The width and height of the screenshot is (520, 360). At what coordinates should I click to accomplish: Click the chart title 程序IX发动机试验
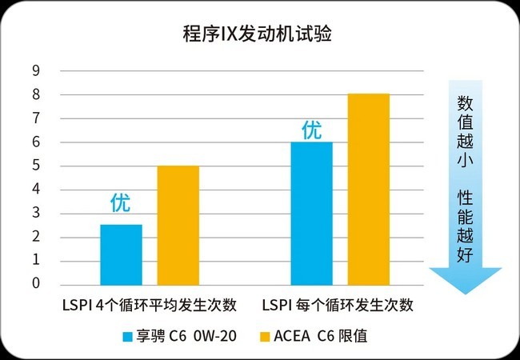click(257, 34)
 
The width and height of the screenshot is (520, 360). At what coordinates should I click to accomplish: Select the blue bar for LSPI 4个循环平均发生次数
click(121, 254)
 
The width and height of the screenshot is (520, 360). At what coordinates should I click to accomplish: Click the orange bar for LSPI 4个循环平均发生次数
click(178, 225)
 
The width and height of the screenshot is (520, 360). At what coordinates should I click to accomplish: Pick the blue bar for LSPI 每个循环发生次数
click(311, 213)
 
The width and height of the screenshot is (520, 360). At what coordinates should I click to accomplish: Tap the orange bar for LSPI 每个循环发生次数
click(368, 189)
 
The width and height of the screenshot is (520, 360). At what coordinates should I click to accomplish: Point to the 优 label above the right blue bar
click(311, 130)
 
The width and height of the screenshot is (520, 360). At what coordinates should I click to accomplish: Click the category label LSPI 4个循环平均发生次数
click(150, 305)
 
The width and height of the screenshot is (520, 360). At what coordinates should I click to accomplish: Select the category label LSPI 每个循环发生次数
click(337, 305)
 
